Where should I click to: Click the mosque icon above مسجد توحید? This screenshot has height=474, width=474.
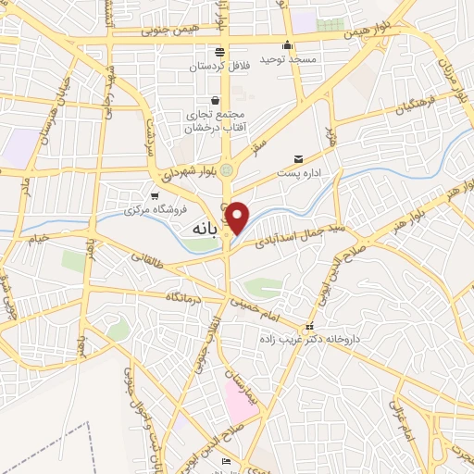[288, 44]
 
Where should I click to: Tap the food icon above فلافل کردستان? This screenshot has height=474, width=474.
[219, 52]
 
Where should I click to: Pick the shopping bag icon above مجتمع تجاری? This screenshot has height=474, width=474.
[215, 100]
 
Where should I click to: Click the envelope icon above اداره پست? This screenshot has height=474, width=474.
[298, 158]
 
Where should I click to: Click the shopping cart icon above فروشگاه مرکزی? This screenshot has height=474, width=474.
[154, 194]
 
